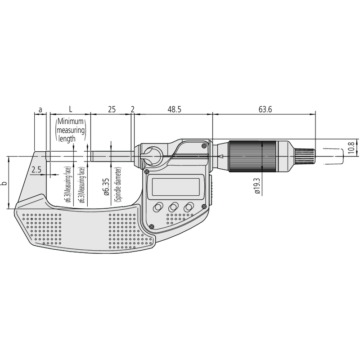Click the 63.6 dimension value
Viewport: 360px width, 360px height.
coord(265,109)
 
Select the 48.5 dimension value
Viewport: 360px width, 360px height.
coord(174,109)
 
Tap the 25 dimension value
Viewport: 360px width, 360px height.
coord(112,109)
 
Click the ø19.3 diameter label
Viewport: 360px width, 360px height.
coord(257,186)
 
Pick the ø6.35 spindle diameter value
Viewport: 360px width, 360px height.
coord(106,187)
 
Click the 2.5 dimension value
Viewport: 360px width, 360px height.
coord(36,170)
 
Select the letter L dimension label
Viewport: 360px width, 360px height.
coord(71,109)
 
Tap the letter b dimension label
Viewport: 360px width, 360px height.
coord(4,183)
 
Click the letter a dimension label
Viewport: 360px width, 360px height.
coord(40,110)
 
